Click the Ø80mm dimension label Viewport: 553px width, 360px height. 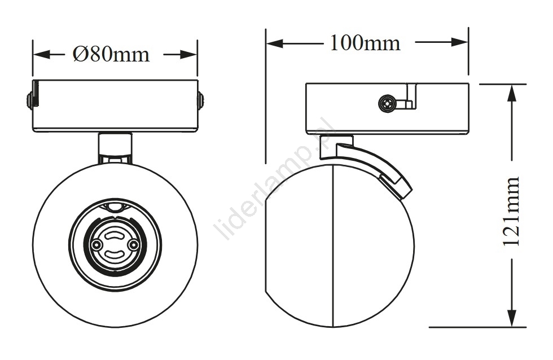[x=111, y=54]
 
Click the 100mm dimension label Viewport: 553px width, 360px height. [x=365, y=43]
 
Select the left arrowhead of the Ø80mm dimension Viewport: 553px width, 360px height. [x=41, y=54]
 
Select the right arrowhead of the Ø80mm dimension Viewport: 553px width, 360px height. [x=188, y=54]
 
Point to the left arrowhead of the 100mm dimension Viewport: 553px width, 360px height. [x=275, y=43]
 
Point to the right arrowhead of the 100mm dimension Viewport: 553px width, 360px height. [x=460, y=43]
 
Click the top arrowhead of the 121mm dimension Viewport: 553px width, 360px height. [x=512, y=93]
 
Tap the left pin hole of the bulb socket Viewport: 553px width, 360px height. [x=95, y=244]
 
